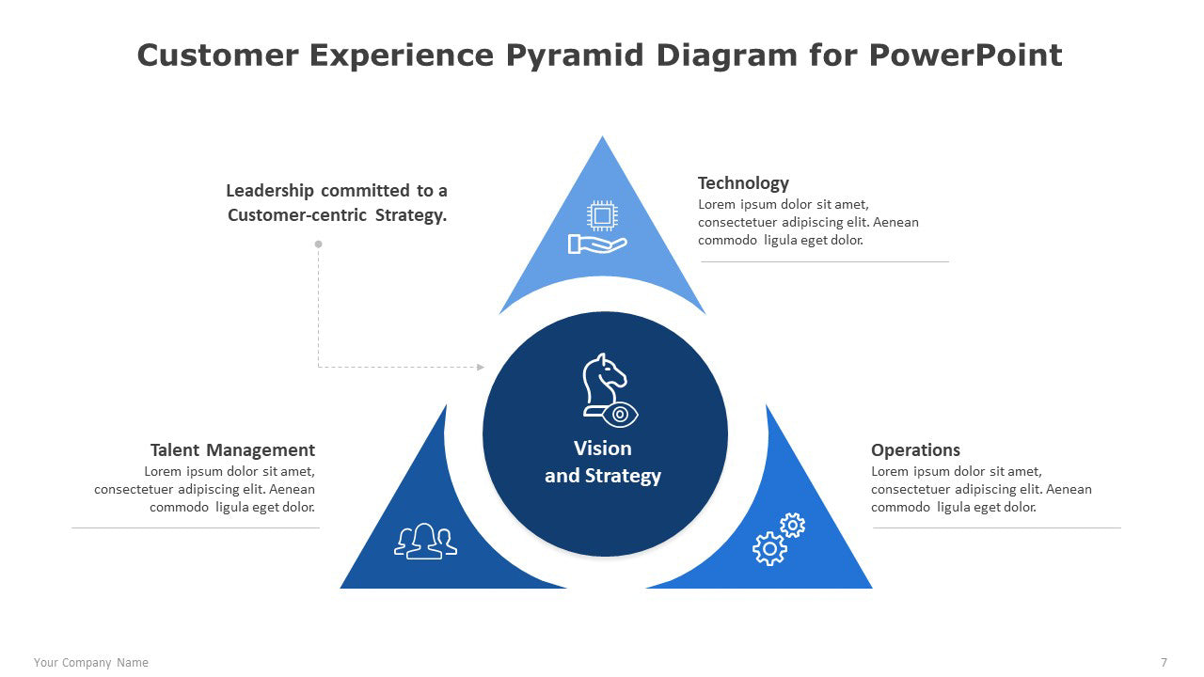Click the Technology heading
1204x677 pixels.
click(x=743, y=183)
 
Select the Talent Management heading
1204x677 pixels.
click(x=232, y=450)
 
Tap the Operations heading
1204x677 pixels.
click(x=915, y=450)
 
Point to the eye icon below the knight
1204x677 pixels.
click(x=621, y=414)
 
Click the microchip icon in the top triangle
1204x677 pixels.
click(x=602, y=215)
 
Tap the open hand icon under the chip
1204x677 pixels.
click(x=596, y=244)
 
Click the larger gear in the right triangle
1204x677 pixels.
click(x=769, y=548)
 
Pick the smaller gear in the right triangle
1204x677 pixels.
click(x=793, y=525)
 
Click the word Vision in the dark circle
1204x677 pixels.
click(x=603, y=449)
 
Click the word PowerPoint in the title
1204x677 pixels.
click(x=966, y=55)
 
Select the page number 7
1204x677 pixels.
click(x=1164, y=663)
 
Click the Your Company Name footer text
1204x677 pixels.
click(x=91, y=663)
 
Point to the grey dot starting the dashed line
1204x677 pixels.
click(x=318, y=244)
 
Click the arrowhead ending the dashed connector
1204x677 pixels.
click(x=481, y=367)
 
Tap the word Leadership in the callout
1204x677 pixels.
click(x=270, y=191)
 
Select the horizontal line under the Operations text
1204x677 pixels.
click(x=997, y=527)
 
